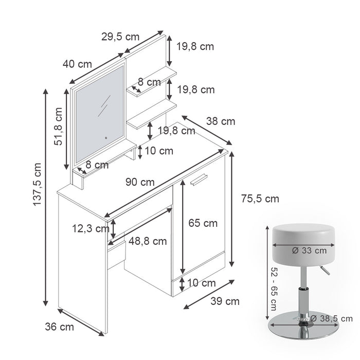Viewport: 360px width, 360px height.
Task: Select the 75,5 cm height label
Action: point(260,199)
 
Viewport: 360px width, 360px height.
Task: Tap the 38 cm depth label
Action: point(221,121)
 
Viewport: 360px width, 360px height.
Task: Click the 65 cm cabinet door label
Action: point(203,223)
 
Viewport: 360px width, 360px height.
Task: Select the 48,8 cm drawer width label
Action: point(148,241)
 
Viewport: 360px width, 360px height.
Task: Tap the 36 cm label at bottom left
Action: point(60,326)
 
